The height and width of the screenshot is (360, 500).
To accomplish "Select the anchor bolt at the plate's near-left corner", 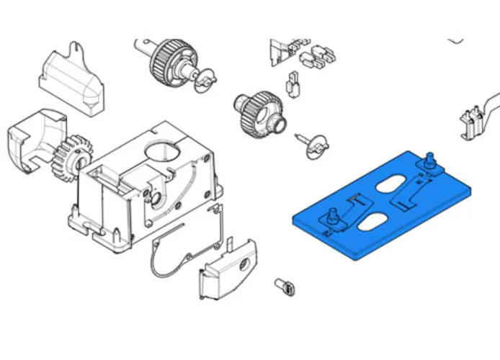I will click(x=334, y=217).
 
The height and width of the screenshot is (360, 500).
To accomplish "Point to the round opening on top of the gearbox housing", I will click(x=161, y=153).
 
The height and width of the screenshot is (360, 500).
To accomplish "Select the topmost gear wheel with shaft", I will click(x=169, y=60).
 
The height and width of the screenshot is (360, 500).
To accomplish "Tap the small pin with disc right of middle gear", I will click(x=313, y=143).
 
